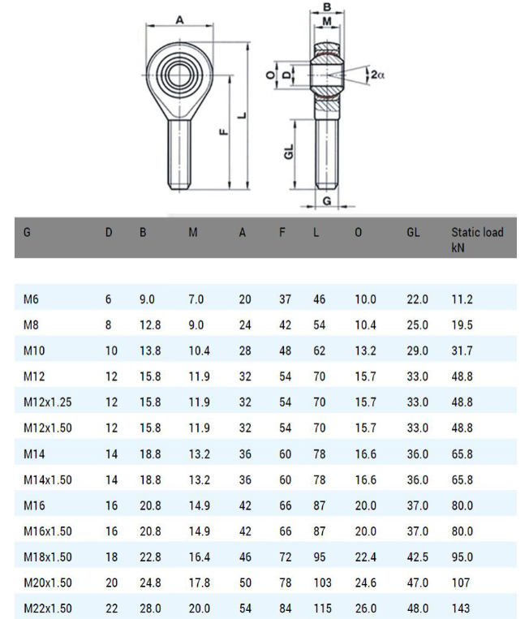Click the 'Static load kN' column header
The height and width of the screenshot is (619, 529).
point(477,239)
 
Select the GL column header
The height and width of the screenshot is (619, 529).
point(413,232)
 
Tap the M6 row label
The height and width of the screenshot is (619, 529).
point(31,299)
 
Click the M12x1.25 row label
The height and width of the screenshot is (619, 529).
point(47,402)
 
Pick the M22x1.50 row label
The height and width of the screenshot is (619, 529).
point(47,608)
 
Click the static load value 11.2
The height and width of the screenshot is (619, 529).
point(462,299)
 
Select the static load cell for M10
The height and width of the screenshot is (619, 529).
point(462,350)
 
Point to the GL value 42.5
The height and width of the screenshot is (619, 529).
point(417,557)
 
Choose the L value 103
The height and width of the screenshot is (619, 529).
point(323,582)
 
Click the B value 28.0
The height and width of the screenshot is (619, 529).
point(150,608)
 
